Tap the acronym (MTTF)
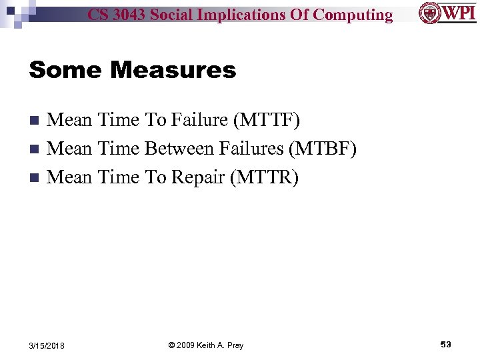pos(266,120)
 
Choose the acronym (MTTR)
pos(265,177)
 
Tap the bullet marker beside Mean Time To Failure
pos(36,121)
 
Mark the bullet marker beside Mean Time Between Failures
pos(36,149)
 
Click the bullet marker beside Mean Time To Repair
pos(36,178)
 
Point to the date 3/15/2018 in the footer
pos(47,345)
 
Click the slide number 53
pos(445,344)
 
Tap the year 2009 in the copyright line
pos(187,345)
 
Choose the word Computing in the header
pos(353,15)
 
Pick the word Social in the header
pos(175,15)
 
